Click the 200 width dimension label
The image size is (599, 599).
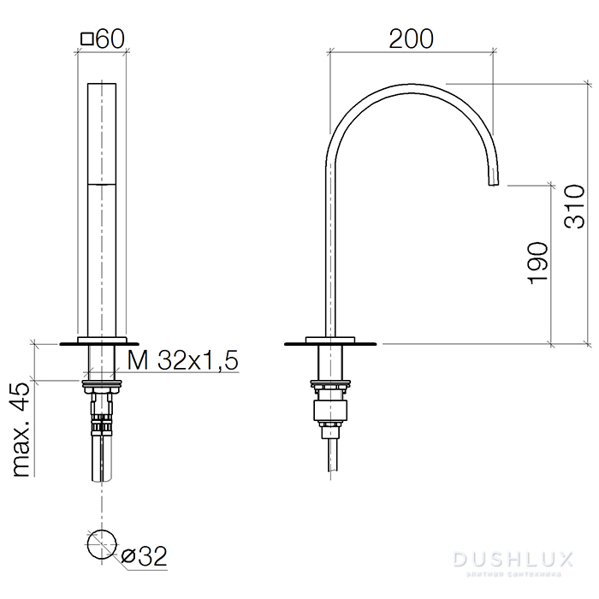[x=411, y=39]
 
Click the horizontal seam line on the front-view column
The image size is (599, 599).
[x=102, y=182]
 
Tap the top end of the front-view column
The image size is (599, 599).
[x=102, y=85]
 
